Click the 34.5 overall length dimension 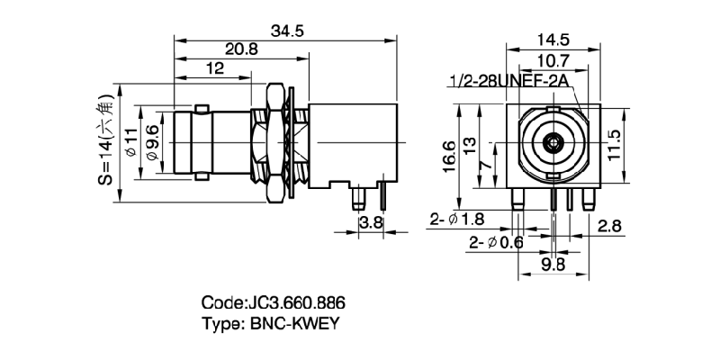pyautogui.click(x=287, y=30)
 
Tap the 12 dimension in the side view pyautogui.click(x=214, y=68)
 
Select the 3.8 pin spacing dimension pyautogui.click(x=370, y=221)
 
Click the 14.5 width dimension pyautogui.click(x=550, y=40)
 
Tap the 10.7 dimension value pyautogui.click(x=550, y=61)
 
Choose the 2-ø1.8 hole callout pyautogui.click(x=458, y=219)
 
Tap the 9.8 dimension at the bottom pyautogui.click(x=553, y=264)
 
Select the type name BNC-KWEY pyautogui.click(x=269, y=324)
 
